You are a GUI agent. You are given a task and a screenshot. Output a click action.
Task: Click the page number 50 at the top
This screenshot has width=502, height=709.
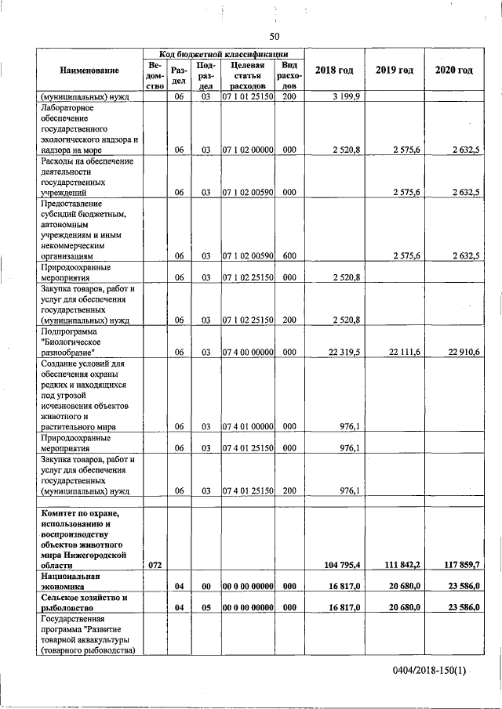pos(274,36)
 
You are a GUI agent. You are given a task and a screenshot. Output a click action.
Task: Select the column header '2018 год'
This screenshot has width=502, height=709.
pos(333,71)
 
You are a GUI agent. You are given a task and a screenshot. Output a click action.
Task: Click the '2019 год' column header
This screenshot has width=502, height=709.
pos(394,71)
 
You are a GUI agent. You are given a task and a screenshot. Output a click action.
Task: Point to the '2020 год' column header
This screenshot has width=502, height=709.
pos(453,71)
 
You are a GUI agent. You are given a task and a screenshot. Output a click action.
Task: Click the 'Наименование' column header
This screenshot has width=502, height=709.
pos(89,71)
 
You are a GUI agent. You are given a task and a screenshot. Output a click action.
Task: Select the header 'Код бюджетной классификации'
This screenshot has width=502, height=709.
pos(222,52)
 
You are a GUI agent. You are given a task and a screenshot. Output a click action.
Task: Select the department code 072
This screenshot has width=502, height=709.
pos(155,564)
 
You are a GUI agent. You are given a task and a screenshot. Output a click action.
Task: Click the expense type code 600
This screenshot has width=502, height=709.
pos(289,255)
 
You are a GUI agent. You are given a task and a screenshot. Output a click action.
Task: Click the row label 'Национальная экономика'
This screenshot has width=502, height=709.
pos(77,581)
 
